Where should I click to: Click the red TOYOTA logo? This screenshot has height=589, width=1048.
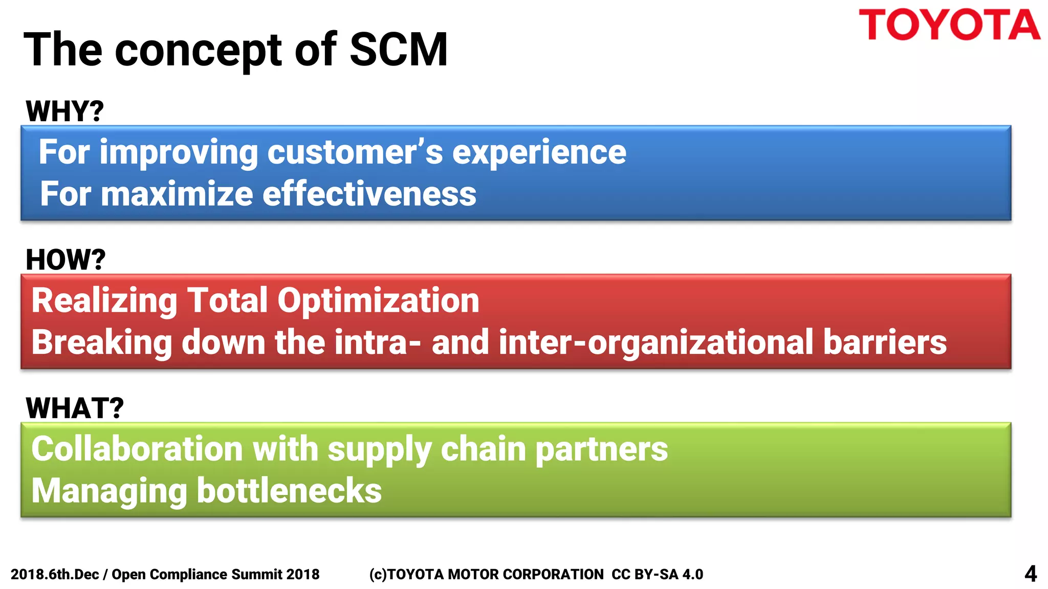tap(949, 25)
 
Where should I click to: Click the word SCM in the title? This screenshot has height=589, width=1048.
tap(398, 50)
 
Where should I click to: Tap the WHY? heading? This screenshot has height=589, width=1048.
tap(64, 111)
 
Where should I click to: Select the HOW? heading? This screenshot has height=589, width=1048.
tap(65, 260)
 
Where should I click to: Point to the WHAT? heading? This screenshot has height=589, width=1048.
tap(75, 408)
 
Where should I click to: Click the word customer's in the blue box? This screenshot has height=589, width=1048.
tap(355, 152)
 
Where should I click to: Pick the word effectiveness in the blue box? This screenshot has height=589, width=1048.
tap(369, 194)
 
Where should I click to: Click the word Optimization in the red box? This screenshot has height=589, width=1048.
tap(378, 300)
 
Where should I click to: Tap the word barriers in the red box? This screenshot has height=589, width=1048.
tap(885, 342)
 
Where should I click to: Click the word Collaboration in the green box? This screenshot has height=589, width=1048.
tap(137, 449)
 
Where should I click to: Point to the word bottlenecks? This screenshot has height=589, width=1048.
tap(289, 491)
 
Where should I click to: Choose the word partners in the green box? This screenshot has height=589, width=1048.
tap(602, 449)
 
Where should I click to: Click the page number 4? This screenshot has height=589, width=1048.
tap(1030, 574)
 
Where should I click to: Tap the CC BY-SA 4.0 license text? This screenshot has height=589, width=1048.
tap(657, 575)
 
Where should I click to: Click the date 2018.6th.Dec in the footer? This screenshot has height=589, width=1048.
tap(55, 575)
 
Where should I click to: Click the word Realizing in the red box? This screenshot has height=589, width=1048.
tap(104, 300)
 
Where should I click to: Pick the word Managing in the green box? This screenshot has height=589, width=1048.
tap(109, 491)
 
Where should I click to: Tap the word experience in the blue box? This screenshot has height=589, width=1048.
tap(539, 152)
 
